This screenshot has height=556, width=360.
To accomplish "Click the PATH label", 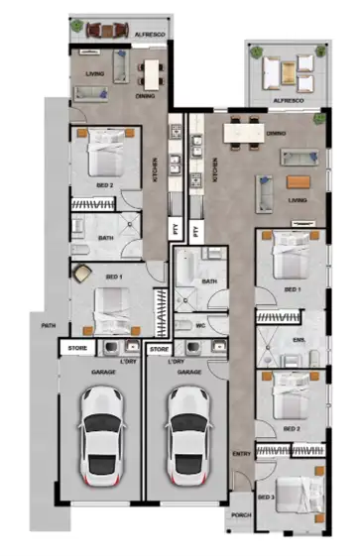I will coord(47,326).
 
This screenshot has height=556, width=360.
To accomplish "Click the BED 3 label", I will coord(266,497).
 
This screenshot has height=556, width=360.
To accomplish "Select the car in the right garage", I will coord(187,431).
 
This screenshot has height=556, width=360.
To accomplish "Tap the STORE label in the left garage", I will coord(76,349).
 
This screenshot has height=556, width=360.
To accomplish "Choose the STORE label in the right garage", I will coord(158,349).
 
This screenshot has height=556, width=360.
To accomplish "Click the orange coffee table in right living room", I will coord(299,181).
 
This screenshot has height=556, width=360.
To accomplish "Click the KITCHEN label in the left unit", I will coord(155,171).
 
